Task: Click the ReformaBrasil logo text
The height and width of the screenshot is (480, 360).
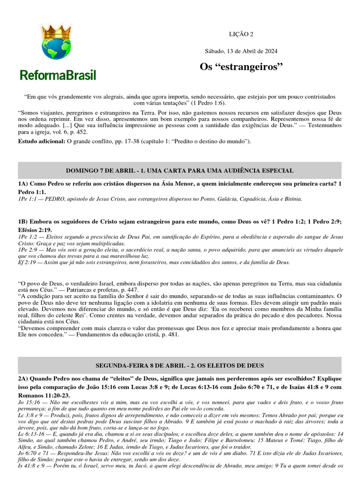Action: point(58,75)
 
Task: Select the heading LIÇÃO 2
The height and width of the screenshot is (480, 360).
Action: point(241,34)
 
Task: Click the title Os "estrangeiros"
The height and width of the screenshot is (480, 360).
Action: point(241,67)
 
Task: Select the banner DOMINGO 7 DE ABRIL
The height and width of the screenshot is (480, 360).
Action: point(180,171)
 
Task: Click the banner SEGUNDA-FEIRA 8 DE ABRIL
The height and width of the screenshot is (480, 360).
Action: point(180,365)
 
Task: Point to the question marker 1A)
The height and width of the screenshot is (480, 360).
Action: point(23,184)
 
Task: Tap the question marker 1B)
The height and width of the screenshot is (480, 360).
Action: point(23,222)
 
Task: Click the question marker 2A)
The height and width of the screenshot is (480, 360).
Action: point(23,378)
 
